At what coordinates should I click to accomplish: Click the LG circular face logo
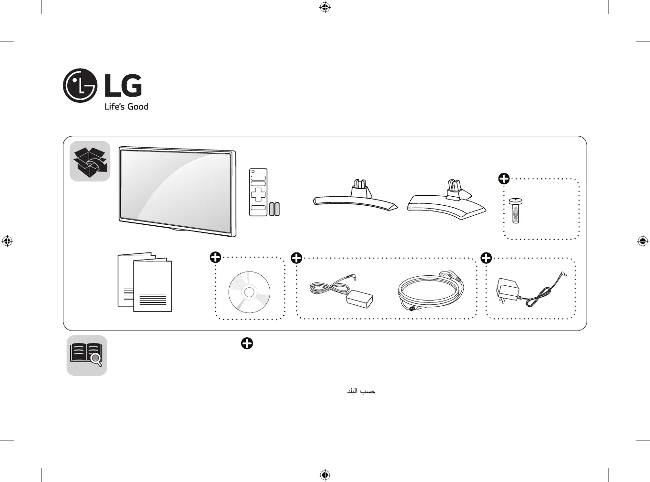click(80, 86)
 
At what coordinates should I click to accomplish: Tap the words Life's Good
click(126, 106)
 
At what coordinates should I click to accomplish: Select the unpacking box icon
click(90, 161)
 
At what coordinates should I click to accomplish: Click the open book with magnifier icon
click(87, 355)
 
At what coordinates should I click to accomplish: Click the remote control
click(258, 192)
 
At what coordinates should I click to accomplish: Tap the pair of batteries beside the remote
click(274, 209)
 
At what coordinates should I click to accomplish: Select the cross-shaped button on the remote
click(258, 195)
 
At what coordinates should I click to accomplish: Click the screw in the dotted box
click(516, 211)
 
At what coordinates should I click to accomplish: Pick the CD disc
click(249, 292)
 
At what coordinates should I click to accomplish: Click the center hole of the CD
click(249, 292)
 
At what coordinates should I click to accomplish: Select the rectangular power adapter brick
click(359, 299)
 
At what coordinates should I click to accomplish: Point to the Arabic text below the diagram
click(361, 391)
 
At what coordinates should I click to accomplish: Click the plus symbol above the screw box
click(504, 179)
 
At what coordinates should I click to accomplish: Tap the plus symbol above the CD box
click(215, 257)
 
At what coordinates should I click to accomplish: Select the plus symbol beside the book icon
click(247, 343)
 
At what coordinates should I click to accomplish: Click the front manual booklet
click(152, 285)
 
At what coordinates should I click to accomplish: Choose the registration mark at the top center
click(325, 7)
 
